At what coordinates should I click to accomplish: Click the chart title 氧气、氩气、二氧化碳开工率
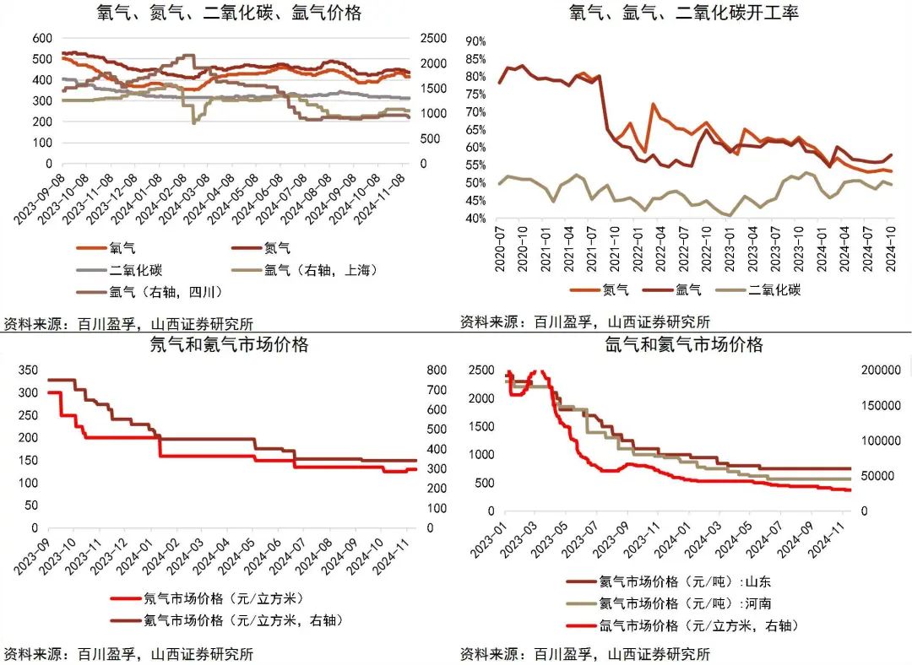pyautogui.click(x=684, y=13)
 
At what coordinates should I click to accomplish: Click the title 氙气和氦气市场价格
pyautogui.click(x=684, y=345)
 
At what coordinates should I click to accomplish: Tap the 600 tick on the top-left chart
pyautogui.click(x=41, y=39)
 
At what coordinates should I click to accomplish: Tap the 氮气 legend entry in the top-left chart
pyautogui.click(x=277, y=248)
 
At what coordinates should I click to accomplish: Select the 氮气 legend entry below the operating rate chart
pyautogui.click(x=616, y=289)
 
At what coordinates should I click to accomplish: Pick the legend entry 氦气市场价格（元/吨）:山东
pyautogui.click(x=684, y=581)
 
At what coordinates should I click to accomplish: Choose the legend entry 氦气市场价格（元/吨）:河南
pyautogui.click(x=684, y=603)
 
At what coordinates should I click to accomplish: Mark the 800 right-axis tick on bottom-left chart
pyautogui.click(x=436, y=370)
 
